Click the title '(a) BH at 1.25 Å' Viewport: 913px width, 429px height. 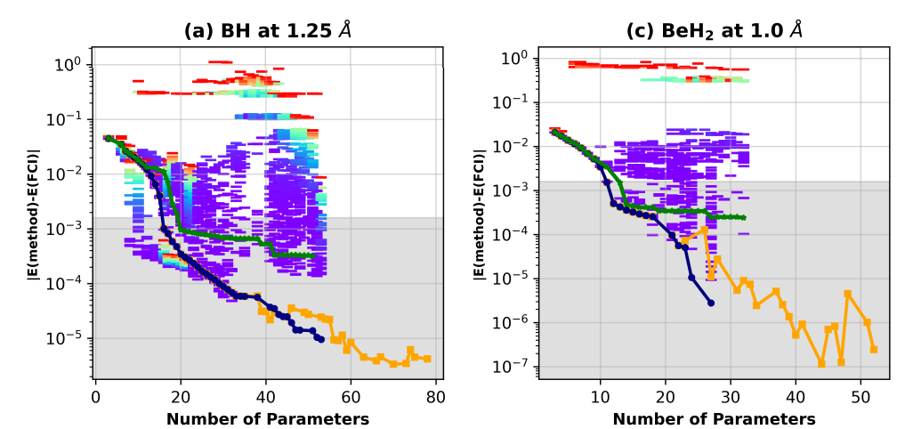pos(269,30)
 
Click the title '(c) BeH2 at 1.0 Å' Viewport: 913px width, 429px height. pos(715,30)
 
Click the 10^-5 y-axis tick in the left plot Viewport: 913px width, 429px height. pos(69,338)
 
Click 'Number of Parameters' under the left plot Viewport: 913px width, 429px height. pos(268,417)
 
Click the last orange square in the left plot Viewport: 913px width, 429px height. pos(427,359)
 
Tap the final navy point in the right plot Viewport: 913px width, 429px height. pos(711,304)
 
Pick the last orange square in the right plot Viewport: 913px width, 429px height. pos(874,350)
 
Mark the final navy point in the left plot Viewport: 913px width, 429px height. pos(320,338)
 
